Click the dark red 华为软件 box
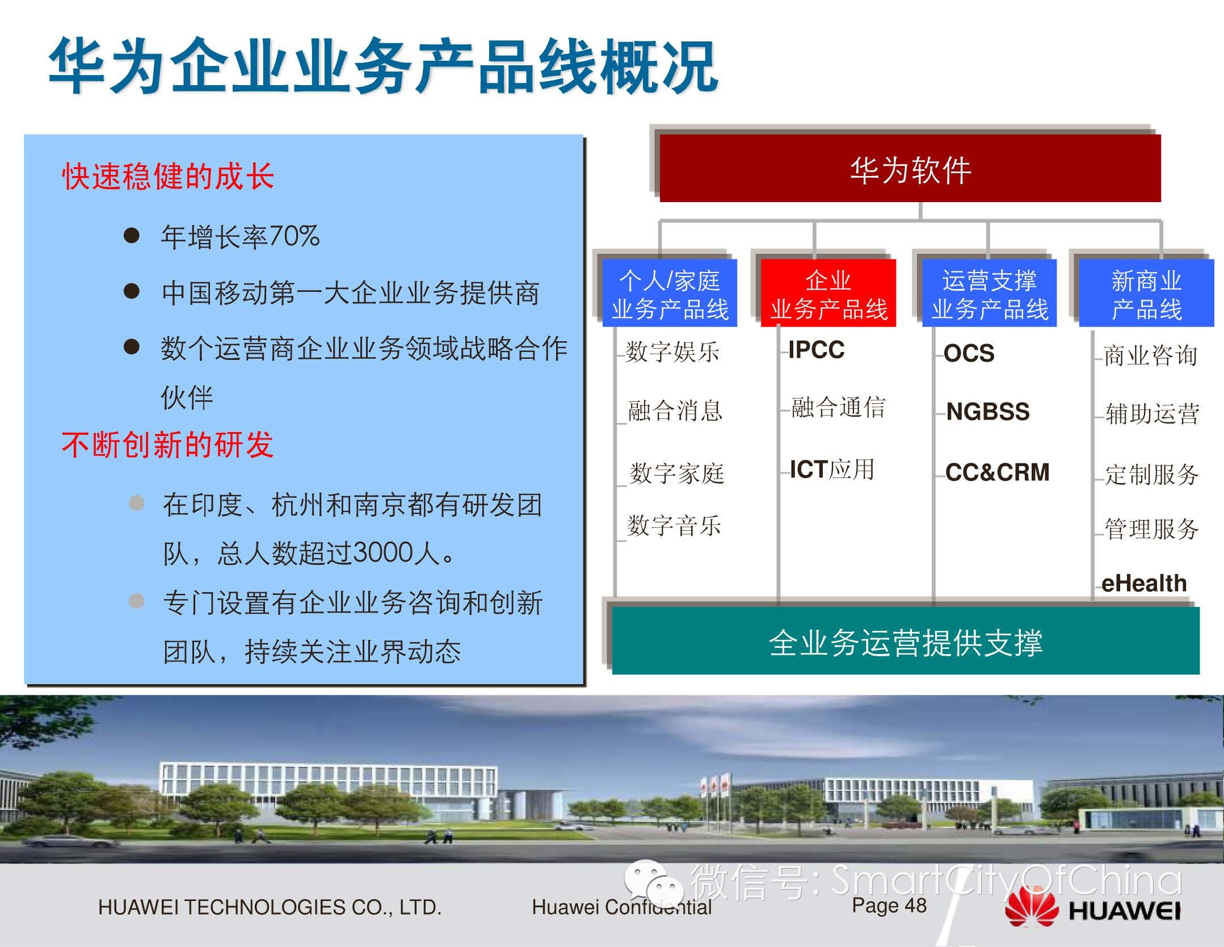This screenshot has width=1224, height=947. tap(910, 168)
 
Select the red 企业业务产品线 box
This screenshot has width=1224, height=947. tap(828, 293)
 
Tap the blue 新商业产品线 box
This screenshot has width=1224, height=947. tap(1146, 293)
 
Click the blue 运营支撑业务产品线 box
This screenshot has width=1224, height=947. tap(989, 293)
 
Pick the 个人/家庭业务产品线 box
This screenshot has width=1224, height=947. tap(670, 293)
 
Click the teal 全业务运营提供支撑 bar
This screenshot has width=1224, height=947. tap(906, 640)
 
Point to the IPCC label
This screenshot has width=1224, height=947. tap(817, 350)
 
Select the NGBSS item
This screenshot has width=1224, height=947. tap(988, 412)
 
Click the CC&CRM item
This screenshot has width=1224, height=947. tap(998, 472)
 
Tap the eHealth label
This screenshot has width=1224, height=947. tap(1144, 583)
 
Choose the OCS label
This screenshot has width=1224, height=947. tap(969, 353)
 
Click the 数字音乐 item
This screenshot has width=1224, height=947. tap(674, 525)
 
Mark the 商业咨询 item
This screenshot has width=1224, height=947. tap(1151, 356)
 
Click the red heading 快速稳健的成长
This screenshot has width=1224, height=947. tap(168, 176)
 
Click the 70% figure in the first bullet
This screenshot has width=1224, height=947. tap(294, 236)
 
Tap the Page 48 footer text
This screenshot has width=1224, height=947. tap(889, 905)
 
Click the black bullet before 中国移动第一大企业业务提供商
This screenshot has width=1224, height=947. tap(132, 291)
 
